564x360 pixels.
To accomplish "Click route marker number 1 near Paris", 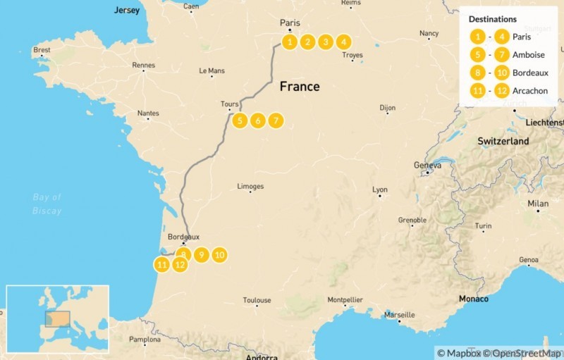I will click(x=289, y=42).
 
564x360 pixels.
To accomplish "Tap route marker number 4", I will click(x=343, y=42).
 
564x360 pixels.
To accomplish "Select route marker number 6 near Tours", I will click(x=257, y=120).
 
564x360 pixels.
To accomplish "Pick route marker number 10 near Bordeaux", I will click(x=219, y=254).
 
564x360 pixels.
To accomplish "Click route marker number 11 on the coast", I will click(x=162, y=265).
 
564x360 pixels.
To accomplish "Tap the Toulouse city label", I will click(x=257, y=300).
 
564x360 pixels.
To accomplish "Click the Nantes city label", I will click(x=148, y=113).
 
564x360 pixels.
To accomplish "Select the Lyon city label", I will click(x=380, y=190).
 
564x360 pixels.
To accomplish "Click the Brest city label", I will click(x=42, y=50).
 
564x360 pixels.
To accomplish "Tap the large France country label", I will click(x=300, y=87).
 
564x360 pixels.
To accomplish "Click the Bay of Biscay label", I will click(x=47, y=204).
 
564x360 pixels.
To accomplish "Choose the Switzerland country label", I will click(x=503, y=141).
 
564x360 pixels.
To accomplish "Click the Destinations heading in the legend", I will click(x=492, y=19).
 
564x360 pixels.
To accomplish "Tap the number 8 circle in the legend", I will click(x=477, y=73).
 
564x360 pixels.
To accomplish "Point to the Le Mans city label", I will click(x=211, y=70).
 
